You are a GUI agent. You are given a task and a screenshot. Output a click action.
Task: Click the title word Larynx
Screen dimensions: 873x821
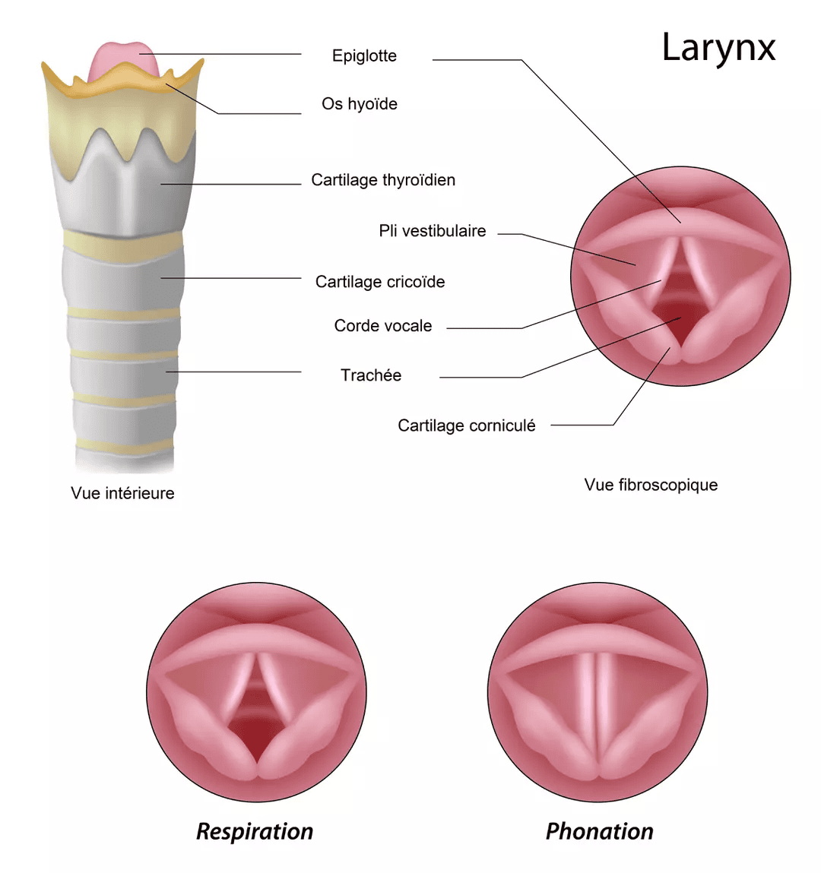(x=718, y=48)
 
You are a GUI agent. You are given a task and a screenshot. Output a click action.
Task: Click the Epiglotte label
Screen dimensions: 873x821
(x=364, y=55)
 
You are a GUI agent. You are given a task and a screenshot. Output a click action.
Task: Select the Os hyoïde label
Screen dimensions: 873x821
(x=359, y=104)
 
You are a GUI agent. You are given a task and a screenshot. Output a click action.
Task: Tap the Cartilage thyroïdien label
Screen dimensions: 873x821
(x=383, y=180)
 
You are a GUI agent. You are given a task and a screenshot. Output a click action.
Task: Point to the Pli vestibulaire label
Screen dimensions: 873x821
(x=432, y=231)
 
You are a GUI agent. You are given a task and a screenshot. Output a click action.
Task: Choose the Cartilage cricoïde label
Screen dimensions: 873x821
(x=380, y=282)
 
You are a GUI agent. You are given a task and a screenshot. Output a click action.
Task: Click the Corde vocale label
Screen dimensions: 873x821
(x=383, y=326)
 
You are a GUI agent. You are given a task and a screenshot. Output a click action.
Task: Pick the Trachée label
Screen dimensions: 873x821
(x=371, y=375)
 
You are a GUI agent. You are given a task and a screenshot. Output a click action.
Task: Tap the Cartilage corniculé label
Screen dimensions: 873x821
(x=466, y=425)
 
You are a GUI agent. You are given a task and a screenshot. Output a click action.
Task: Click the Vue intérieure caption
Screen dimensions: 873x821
(x=122, y=493)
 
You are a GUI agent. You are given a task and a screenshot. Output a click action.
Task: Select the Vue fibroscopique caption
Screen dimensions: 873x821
(x=651, y=485)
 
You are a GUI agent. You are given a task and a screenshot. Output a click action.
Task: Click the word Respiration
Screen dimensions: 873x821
(x=255, y=831)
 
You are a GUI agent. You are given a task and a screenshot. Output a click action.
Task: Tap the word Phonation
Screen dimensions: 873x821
(x=599, y=831)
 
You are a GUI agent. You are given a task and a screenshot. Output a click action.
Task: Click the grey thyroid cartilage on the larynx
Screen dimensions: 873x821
(x=129, y=190)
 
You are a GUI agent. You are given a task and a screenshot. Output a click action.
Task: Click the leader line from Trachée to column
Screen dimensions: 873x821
(x=236, y=372)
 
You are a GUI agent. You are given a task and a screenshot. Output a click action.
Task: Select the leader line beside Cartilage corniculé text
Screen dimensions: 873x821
(x=582, y=425)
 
